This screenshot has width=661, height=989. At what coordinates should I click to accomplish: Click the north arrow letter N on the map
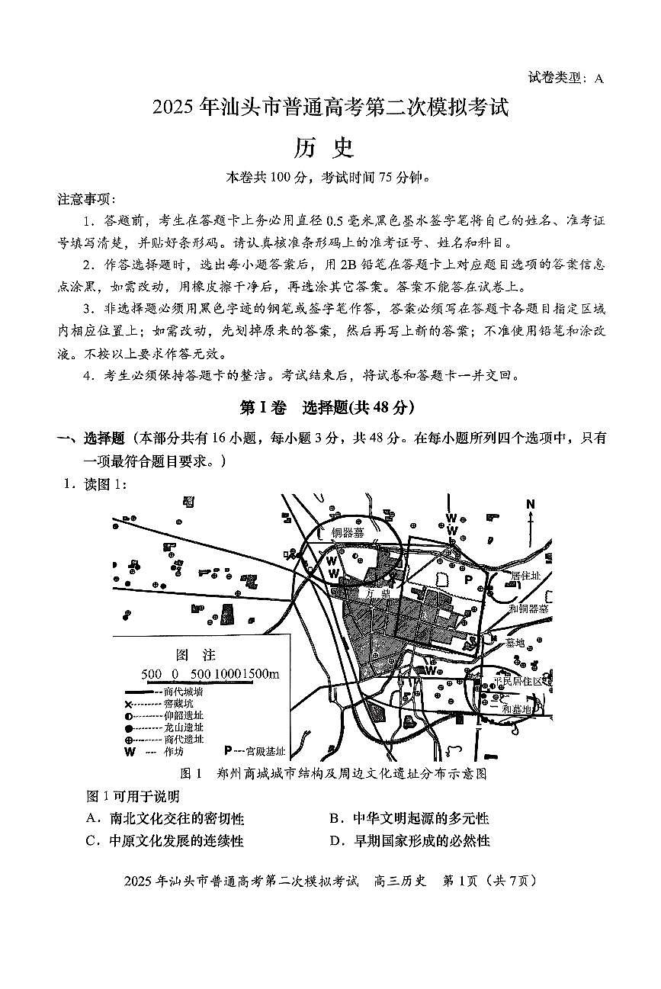(531, 504)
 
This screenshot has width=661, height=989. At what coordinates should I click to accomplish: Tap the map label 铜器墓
(348, 533)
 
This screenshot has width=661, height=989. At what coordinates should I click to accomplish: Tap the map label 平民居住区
(521, 680)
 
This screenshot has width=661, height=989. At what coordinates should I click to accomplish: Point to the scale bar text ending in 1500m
(210, 674)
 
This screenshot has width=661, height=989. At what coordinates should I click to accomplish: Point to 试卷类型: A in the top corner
(564, 77)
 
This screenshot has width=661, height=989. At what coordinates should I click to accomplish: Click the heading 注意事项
(87, 199)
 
